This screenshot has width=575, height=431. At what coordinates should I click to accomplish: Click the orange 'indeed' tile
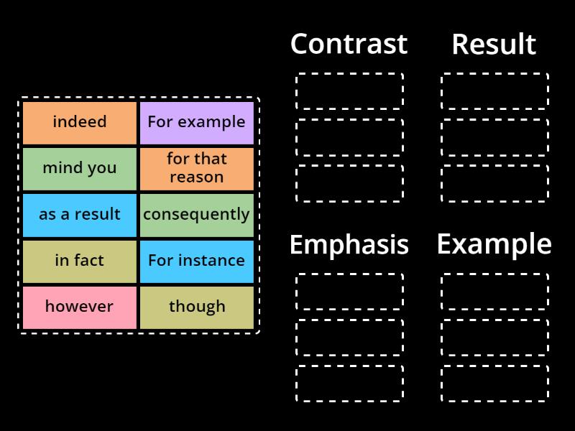pyautogui.click(x=79, y=122)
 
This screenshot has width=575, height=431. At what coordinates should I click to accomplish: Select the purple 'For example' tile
pyautogui.click(x=196, y=122)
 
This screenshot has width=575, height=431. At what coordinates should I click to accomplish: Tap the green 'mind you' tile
pyautogui.click(x=79, y=168)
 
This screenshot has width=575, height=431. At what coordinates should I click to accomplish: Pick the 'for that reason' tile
pyautogui.click(x=196, y=168)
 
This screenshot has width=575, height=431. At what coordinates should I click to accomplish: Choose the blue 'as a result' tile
pyautogui.click(x=79, y=214)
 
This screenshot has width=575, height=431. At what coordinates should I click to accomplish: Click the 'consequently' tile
pyautogui.click(x=196, y=214)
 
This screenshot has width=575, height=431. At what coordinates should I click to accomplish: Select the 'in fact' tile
pyautogui.click(x=79, y=260)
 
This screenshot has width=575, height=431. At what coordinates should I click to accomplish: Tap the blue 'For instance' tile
pyautogui.click(x=196, y=260)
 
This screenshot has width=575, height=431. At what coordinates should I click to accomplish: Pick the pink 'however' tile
pyautogui.click(x=79, y=306)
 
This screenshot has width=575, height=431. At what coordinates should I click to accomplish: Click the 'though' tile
pyautogui.click(x=196, y=306)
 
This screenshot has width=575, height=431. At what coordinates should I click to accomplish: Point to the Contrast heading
pyautogui.click(x=349, y=45)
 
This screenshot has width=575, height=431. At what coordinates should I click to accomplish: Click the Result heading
pyautogui.click(x=494, y=45)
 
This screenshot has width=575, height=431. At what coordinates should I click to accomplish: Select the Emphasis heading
pyautogui.click(x=349, y=245)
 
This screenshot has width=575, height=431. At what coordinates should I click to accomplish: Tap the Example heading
pyautogui.click(x=494, y=245)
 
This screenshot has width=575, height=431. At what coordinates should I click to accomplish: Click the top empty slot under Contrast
pyautogui.click(x=349, y=91)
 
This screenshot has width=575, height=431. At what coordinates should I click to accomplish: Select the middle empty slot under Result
pyautogui.click(x=494, y=136)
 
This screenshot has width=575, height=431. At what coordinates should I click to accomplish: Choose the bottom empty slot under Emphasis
pyautogui.click(x=349, y=384)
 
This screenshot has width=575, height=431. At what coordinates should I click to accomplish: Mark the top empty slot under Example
pyautogui.click(x=494, y=291)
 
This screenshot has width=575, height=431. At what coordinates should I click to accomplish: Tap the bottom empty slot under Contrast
pyautogui.click(x=349, y=183)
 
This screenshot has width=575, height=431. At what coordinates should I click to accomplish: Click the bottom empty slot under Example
pyautogui.click(x=494, y=384)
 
